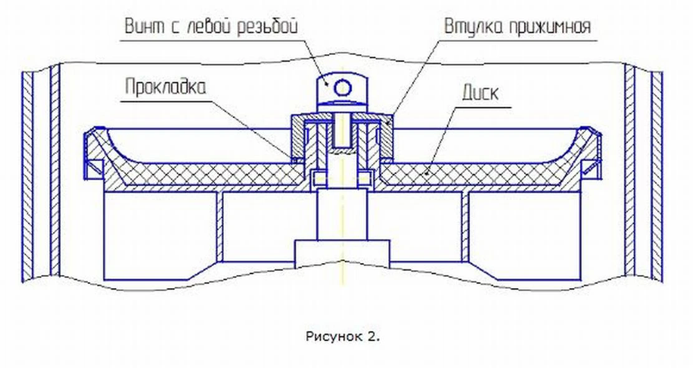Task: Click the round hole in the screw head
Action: [342, 86]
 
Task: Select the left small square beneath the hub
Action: [319, 179]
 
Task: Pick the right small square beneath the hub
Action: [364, 179]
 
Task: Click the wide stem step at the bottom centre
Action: [342, 250]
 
